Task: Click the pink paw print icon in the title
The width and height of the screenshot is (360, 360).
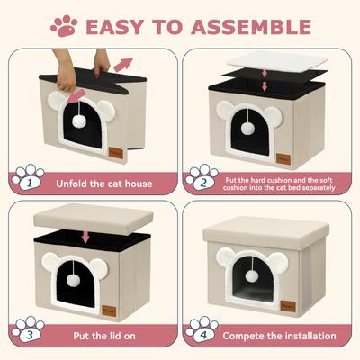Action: click(64, 25)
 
